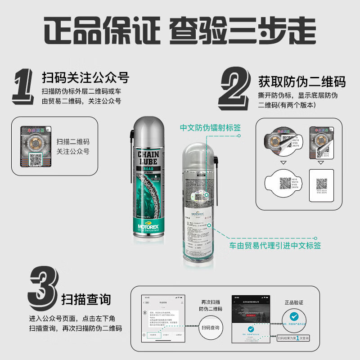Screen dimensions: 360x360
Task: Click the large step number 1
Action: click(x=23, y=88)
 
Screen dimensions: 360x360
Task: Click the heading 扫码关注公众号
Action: click(x=85, y=78)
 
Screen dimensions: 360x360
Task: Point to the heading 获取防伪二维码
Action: click(x=301, y=81)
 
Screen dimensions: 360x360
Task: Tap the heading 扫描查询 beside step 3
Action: click(x=86, y=299)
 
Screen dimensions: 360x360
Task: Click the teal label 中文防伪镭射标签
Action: click(x=210, y=128)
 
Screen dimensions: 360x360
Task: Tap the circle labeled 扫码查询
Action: click(x=211, y=328)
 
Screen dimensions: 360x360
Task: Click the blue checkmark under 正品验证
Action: click(x=294, y=316)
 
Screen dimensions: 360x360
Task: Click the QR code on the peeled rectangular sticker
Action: click(x=321, y=184)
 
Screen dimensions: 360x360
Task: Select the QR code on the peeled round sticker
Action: click(x=286, y=183)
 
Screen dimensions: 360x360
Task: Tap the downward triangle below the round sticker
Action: click(x=283, y=162)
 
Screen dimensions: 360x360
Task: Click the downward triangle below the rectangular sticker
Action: click(x=321, y=162)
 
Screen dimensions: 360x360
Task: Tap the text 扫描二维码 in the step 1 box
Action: click(x=73, y=141)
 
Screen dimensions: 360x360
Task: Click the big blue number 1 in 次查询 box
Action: click(x=298, y=337)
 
